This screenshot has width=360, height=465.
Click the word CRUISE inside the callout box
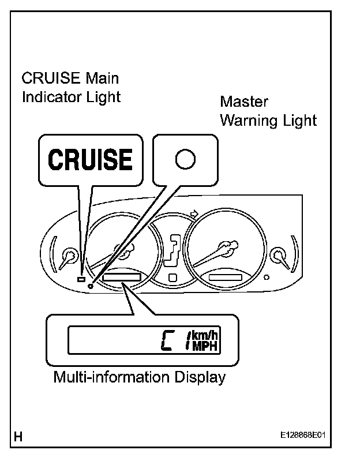click(x=89, y=160)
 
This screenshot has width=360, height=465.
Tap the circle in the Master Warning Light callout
click(x=185, y=160)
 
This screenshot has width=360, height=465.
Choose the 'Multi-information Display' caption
click(x=139, y=378)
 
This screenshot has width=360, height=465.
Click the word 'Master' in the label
click(x=245, y=102)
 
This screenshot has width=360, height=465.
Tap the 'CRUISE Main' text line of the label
click(x=70, y=78)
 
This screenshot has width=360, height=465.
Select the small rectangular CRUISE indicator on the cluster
click(x=81, y=279)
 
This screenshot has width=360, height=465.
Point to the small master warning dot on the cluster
click(x=91, y=285)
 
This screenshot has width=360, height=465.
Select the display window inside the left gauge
click(x=122, y=278)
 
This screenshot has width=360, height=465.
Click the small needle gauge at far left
click(x=70, y=254)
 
